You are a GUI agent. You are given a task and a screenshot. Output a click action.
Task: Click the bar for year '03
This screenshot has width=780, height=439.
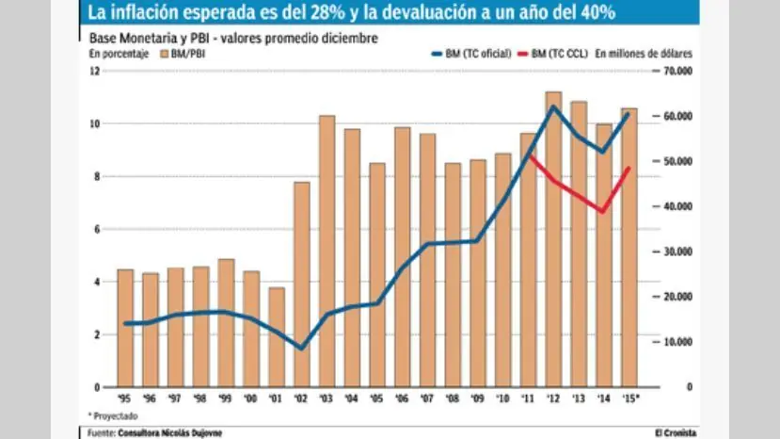click(x=327, y=251)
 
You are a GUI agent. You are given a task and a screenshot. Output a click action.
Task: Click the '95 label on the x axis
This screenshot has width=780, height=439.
click(x=125, y=398)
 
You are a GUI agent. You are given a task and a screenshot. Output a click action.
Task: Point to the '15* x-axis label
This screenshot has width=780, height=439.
click(x=629, y=398)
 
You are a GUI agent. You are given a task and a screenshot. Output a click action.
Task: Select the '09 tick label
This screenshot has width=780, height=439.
click(x=478, y=398)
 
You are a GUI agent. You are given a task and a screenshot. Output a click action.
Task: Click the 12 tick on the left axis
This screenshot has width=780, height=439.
click(x=95, y=72)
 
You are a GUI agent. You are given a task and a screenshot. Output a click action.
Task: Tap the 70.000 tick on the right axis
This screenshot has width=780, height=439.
click(x=678, y=72)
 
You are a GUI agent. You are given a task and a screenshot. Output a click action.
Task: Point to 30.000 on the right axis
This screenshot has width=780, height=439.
click(x=678, y=252)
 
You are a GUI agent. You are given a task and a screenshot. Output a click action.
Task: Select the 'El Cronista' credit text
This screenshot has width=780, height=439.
click(x=676, y=432)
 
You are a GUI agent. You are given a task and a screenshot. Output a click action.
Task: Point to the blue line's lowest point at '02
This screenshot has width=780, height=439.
click(x=301, y=348)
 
